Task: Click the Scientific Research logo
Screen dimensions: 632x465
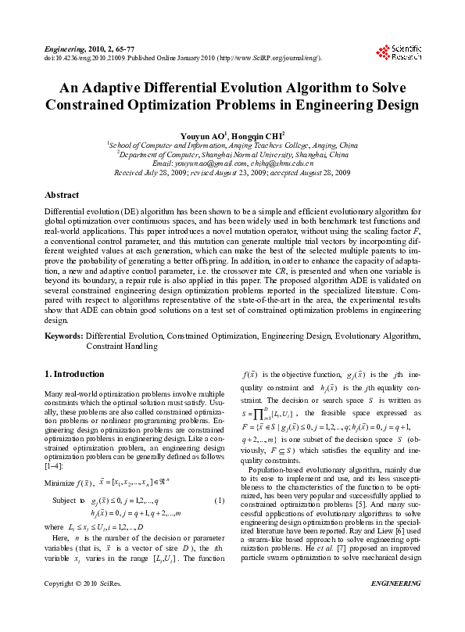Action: tap(400, 52)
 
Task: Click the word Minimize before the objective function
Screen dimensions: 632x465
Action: tap(60, 461)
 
